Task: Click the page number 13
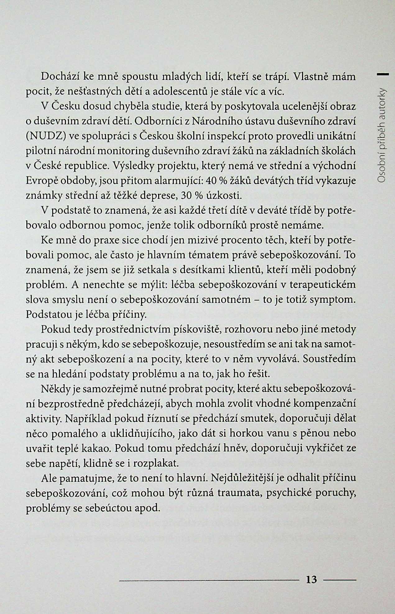(x=311, y=579)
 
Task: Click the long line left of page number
(x=209, y=580)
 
